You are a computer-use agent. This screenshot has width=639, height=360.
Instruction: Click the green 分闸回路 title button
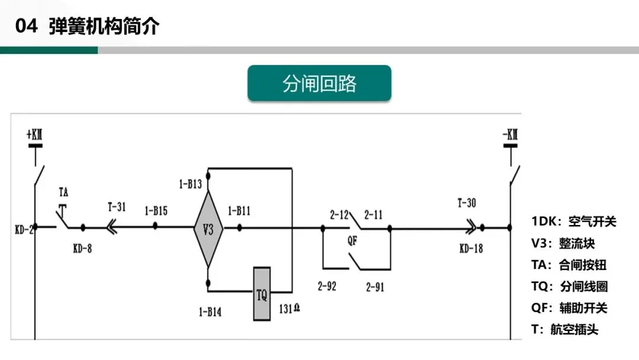[319, 83]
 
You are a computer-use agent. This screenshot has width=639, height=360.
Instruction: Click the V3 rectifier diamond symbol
[208, 229]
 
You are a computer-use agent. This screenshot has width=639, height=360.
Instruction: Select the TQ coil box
[262, 294]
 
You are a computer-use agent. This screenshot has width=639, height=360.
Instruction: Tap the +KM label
[35, 136]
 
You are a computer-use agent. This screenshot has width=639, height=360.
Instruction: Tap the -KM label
[509, 136]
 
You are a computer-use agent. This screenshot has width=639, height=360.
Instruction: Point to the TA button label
[64, 192]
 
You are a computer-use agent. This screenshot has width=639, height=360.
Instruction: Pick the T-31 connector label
[117, 207]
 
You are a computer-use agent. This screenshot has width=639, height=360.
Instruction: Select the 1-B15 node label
[156, 210]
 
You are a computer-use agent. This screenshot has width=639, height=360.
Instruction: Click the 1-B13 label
[191, 184]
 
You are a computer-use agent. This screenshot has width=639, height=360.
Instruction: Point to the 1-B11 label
[239, 210]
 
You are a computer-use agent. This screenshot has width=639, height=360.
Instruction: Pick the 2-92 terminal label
[326, 287]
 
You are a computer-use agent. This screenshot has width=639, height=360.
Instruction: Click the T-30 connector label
[466, 203]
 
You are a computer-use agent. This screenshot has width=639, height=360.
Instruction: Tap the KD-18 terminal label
[471, 248]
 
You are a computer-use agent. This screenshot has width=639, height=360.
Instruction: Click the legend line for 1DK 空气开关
[573, 221]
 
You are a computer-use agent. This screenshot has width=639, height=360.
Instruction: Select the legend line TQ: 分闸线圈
[569, 287]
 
